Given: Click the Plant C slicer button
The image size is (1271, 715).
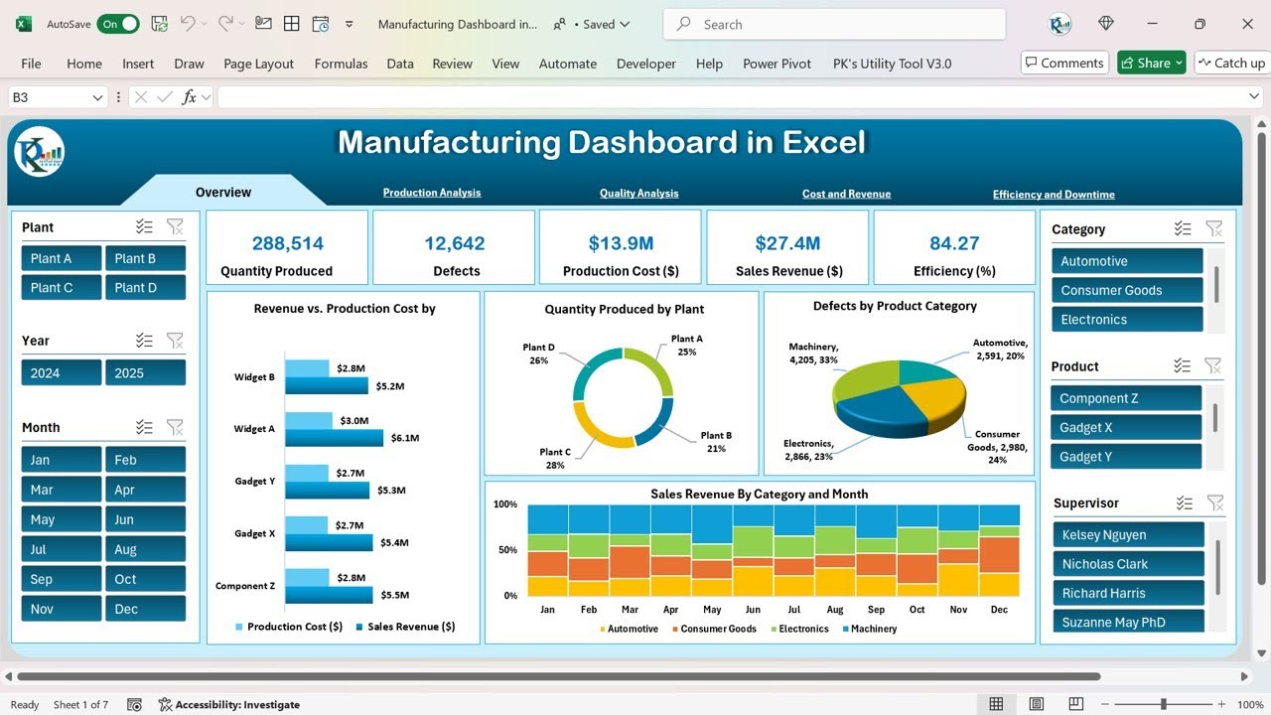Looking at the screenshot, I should pos(62,288).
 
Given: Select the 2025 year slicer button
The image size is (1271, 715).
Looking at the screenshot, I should pos(145,373).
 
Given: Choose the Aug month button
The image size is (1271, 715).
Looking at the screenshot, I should pos(145,549).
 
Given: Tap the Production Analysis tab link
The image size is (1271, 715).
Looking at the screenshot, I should pos(432,193).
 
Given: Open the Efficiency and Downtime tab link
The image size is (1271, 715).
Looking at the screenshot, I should pos(1054,195).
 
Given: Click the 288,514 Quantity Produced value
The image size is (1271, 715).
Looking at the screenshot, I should pos(288,243).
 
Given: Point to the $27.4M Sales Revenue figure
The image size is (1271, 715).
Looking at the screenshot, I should pos(787,243).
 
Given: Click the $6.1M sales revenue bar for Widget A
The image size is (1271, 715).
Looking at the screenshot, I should pos(334,438).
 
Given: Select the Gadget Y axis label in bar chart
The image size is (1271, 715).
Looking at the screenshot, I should pos(255,482).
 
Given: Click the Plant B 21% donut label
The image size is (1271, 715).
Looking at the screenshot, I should pos(716,442).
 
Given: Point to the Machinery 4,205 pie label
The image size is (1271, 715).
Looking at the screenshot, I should pos(813,354).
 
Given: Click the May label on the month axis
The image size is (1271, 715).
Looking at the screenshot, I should pos(712,610).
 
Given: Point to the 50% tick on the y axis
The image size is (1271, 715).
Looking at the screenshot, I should pos(506,550).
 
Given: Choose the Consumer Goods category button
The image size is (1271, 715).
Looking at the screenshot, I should pos(1127,290).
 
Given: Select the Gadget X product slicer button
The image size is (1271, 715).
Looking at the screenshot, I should pos(1127,428).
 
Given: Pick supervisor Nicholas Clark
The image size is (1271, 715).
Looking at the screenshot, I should pos(1129,564).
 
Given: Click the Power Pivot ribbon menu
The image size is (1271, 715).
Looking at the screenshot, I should pos(777,64).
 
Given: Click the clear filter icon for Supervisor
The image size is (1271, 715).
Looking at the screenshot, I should pos(1213,503).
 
